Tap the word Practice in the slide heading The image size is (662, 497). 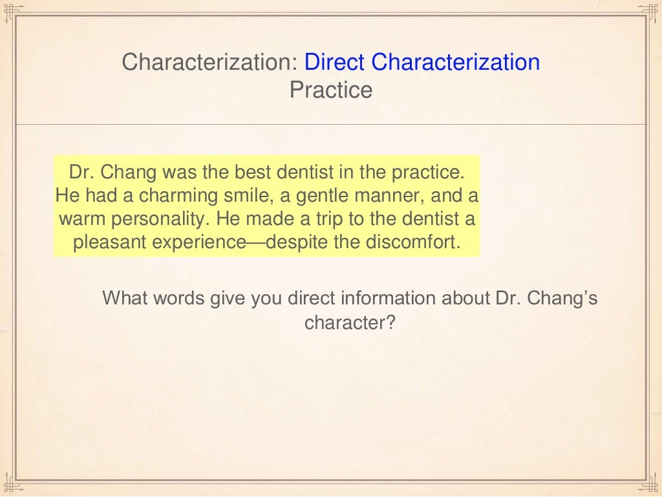coord(331,90)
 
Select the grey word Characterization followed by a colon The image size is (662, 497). coord(210,63)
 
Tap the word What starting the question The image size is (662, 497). coord(124,299)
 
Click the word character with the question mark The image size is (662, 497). coord(349,322)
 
